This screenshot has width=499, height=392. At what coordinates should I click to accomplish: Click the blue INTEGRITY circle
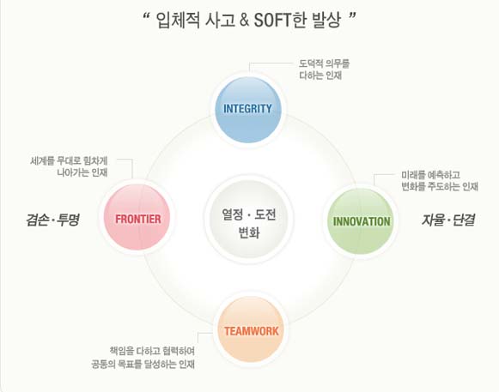click(248, 110)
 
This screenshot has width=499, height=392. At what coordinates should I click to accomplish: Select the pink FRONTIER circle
click(137, 218)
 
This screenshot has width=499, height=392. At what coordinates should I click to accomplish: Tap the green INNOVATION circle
click(361, 221)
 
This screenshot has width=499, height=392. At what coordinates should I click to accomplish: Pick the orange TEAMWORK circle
click(251, 329)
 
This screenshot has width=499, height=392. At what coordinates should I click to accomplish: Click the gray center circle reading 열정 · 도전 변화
click(249, 219)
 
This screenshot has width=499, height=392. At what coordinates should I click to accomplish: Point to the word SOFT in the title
click(272, 21)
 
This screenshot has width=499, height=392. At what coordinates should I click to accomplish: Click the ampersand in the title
click(244, 21)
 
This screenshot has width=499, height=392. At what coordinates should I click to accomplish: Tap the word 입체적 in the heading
click(179, 21)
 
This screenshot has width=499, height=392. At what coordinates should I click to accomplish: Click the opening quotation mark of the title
click(147, 15)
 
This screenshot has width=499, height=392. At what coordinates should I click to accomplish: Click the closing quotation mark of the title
click(352, 15)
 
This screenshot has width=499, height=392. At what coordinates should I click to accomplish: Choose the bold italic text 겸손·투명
click(53, 220)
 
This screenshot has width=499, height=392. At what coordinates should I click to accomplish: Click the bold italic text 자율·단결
click(448, 220)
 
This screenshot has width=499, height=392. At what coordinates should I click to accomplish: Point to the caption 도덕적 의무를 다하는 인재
click(324, 69)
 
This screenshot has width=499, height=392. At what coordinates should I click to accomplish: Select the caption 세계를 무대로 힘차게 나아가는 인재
click(69, 166)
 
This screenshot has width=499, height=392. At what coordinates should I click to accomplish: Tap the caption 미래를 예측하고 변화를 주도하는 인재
click(440, 181)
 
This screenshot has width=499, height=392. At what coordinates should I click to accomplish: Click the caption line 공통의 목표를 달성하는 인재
click(143, 364)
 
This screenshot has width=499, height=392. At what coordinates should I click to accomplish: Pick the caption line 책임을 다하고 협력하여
click(152, 351)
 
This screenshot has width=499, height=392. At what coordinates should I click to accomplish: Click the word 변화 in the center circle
click(249, 232)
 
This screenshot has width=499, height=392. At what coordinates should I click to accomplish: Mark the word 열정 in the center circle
click(232, 214)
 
